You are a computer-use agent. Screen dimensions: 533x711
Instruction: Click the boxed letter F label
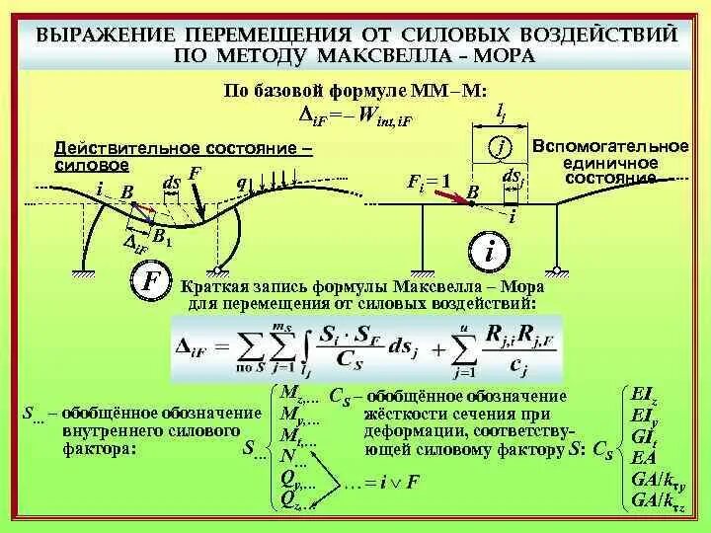point(152,281)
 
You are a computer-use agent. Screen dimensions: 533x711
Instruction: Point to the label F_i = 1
point(429,183)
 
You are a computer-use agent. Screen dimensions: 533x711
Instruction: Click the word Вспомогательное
point(609,146)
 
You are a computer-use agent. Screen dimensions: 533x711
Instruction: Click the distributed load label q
point(241,182)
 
